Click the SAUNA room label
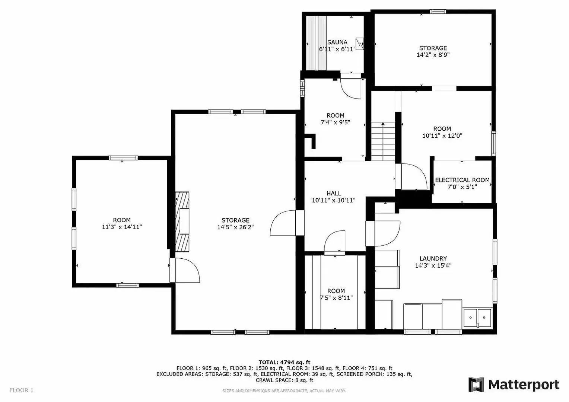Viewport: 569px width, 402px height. click(337, 42)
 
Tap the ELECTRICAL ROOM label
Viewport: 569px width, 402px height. click(462, 180)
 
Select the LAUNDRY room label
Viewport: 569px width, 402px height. click(433, 259)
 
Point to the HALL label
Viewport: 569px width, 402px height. click(334, 194)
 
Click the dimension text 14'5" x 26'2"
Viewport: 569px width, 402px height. click(235, 227)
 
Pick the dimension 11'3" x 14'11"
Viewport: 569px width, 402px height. click(122, 227)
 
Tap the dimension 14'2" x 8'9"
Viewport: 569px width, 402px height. click(433, 55)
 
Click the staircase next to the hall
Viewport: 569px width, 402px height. click(383, 141)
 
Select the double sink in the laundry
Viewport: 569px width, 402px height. click(477, 318)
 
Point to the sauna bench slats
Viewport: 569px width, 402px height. click(316, 43)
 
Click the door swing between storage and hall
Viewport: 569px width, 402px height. click(283, 223)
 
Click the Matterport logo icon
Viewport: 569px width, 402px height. click(476, 385)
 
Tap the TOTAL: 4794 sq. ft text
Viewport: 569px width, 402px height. click(284, 362)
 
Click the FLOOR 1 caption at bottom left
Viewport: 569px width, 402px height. click(21, 390)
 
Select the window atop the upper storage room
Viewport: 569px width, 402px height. click(438, 12)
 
